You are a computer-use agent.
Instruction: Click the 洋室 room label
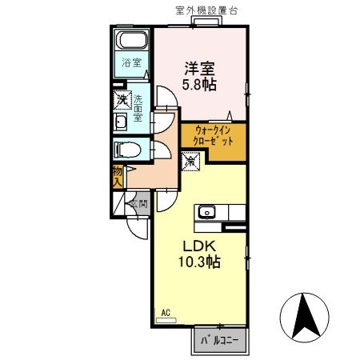click(x=201, y=69)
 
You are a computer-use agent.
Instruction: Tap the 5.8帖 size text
click(x=201, y=84)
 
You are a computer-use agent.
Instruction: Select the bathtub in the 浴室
click(x=130, y=42)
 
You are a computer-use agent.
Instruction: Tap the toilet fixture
click(x=127, y=149)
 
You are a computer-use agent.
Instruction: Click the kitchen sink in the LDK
click(x=206, y=212)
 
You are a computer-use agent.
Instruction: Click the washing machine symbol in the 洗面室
click(x=122, y=101)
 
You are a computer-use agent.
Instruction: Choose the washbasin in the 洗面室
click(x=121, y=122)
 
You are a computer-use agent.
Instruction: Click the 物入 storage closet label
click(x=118, y=176)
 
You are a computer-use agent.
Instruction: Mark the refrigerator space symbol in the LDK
click(x=191, y=161)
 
